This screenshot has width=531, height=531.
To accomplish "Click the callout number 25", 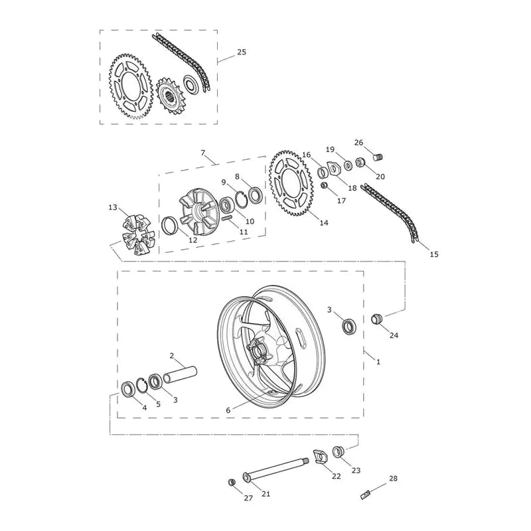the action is [x=242, y=52].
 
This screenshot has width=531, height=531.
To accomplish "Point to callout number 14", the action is [x=324, y=222].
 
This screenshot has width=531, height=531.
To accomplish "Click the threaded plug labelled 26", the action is [x=378, y=157].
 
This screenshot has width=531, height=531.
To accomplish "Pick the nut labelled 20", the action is [x=360, y=162].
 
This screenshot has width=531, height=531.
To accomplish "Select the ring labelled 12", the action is [x=169, y=226].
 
